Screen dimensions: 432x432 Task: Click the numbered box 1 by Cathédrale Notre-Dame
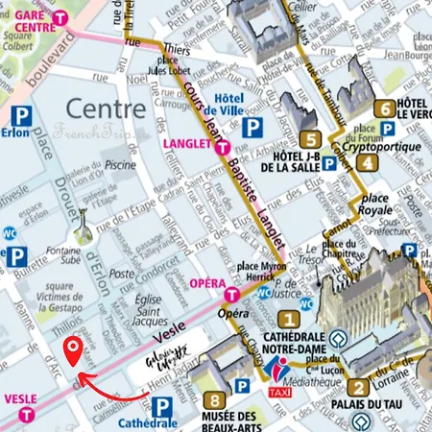[286, 320]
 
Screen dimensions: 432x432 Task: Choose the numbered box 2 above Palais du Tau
[357, 389]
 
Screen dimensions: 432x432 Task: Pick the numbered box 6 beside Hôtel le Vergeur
[384, 109]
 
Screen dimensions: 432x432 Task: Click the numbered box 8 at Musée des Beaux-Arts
[218, 400]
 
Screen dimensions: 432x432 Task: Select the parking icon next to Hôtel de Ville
[252, 126]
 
